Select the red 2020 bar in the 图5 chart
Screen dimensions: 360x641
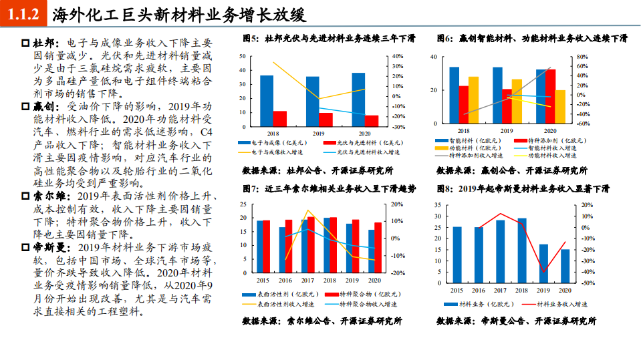click(x=372, y=120)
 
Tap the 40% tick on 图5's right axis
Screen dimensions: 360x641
click(x=397, y=56)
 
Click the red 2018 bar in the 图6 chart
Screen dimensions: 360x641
click(x=464, y=105)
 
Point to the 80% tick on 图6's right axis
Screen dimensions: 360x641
click(x=582, y=56)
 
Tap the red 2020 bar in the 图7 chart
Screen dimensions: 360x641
click(x=379, y=247)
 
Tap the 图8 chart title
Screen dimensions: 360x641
click(x=523, y=189)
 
